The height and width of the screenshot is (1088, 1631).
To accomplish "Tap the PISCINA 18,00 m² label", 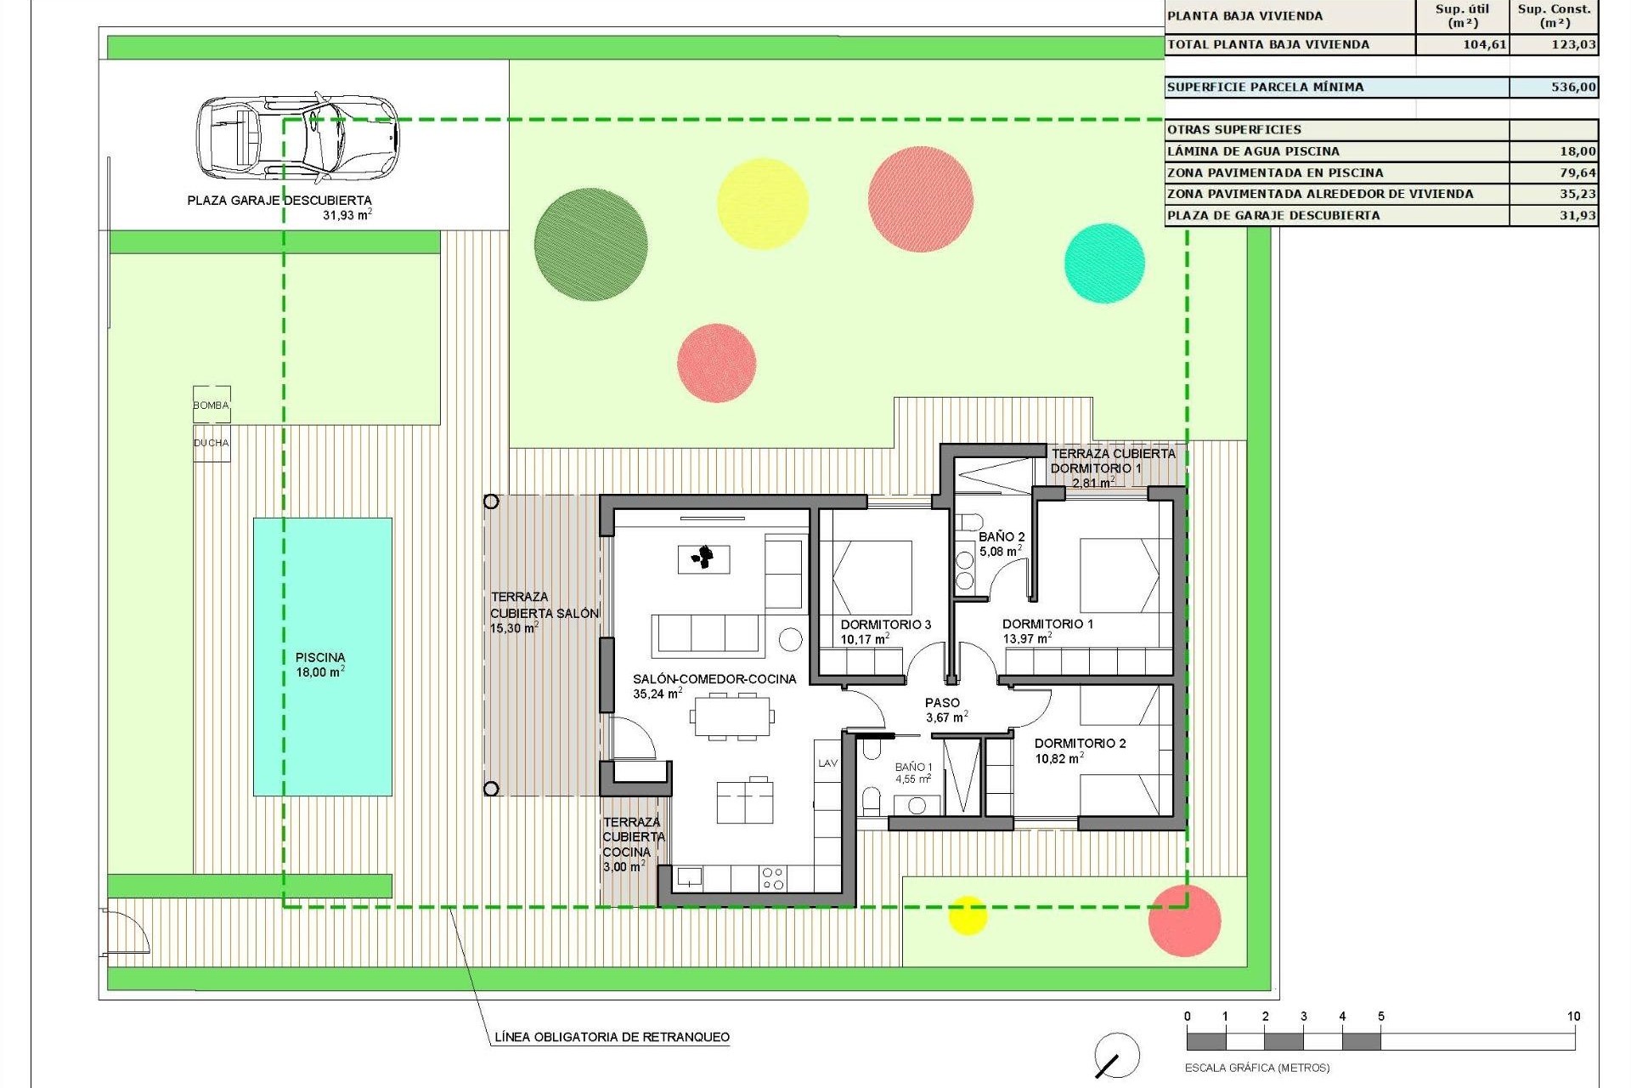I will (320, 665).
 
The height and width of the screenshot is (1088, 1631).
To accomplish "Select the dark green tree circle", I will (590, 244).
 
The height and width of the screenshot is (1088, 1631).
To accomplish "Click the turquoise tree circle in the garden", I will (1104, 263).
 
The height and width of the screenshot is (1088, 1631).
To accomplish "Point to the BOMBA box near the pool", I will (212, 405).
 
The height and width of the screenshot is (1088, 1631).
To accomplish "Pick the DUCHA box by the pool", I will (212, 443).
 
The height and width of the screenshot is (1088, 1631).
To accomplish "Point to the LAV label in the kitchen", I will (828, 763).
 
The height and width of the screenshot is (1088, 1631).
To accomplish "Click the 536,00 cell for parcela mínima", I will (1554, 87).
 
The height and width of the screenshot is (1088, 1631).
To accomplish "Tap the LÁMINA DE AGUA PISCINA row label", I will (1253, 151).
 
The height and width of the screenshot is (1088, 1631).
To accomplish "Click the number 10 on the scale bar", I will (1573, 1016).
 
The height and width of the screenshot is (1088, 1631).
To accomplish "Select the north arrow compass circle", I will (1117, 1056).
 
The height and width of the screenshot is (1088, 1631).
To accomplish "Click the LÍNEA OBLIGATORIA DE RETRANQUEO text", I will (612, 1037).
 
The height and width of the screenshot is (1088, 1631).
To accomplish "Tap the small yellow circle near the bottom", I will (967, 915).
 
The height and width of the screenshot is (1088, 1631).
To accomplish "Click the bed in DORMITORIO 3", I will (872, 578).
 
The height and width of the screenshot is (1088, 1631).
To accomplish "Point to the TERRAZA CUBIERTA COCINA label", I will (633, 837).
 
